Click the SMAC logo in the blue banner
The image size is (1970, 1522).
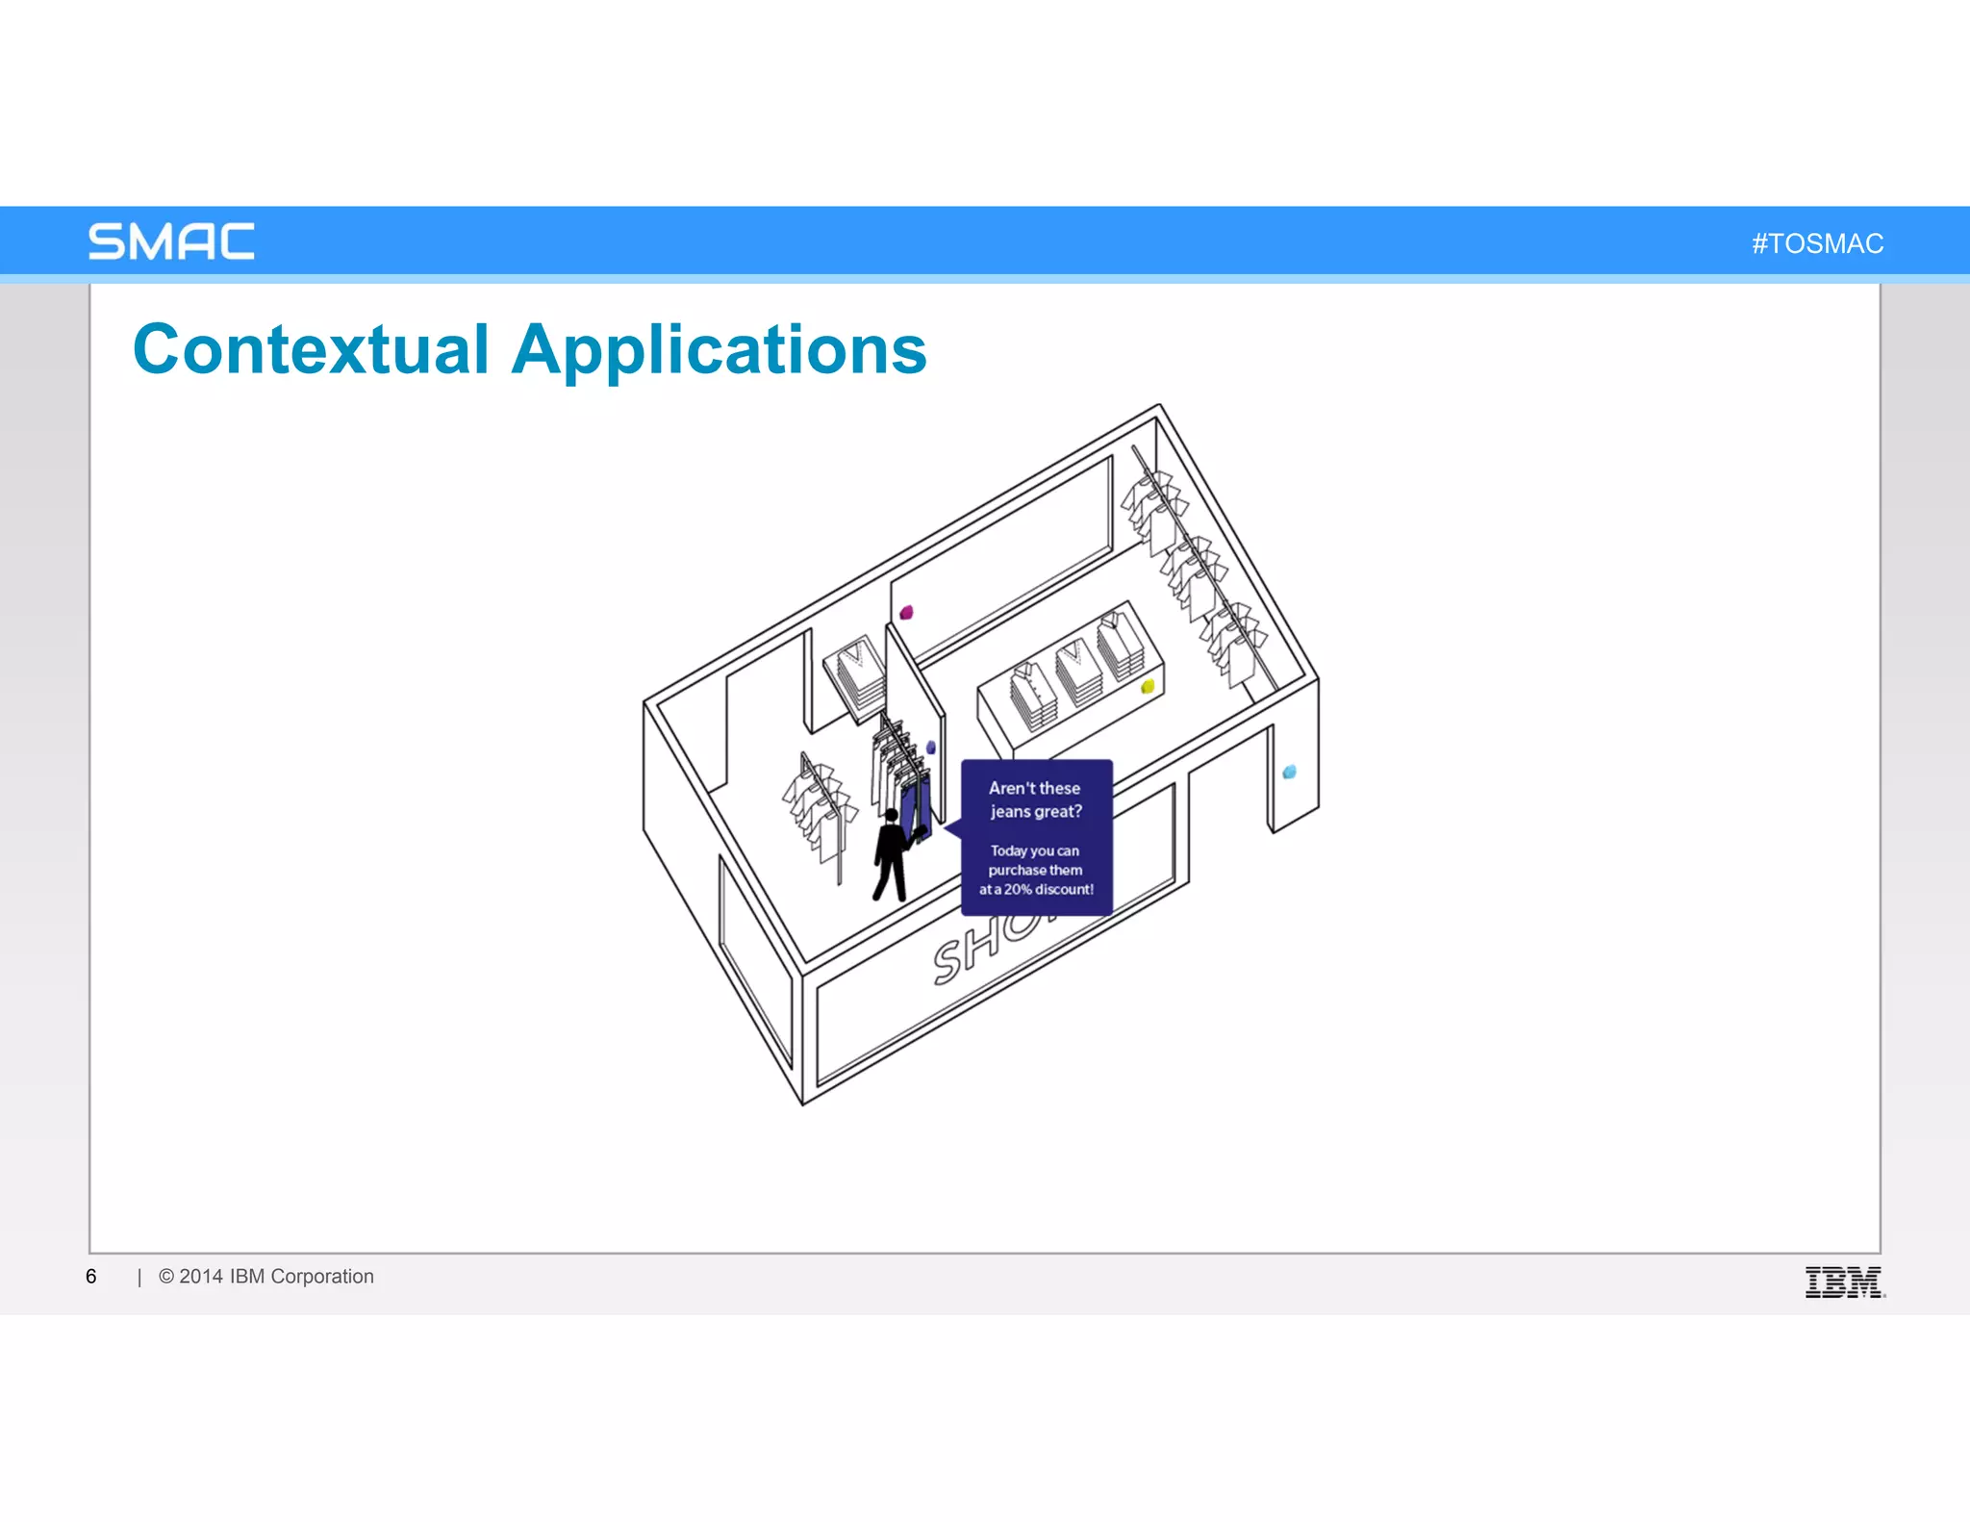(171, 241)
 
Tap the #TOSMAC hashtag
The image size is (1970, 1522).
(1817, 243)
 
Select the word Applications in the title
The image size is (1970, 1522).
(720, 351)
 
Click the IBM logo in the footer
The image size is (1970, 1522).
(1844, 1281)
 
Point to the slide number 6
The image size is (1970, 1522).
(91, 1277)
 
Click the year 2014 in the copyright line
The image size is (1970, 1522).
(201, 1277)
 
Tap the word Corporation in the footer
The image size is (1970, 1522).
(322, 1277)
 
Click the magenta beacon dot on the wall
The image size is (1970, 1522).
(906, 612)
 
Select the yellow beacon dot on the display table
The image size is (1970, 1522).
(1147, 686)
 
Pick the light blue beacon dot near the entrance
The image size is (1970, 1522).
(1290, 772)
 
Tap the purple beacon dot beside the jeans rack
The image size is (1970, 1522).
(930, 748)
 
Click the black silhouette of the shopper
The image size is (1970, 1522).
(891, 855)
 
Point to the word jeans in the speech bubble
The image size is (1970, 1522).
(1011, 812)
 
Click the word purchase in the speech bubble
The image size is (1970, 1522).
(1017, 870)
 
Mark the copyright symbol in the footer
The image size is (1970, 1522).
(166, 1277)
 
